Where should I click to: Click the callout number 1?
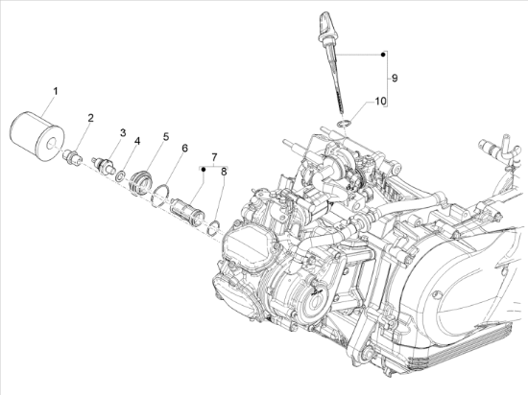(56, 91)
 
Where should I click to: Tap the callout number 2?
(90, 118)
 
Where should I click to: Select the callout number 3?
(123, 133)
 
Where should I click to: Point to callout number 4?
(136, 142)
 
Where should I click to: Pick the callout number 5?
(166, 137)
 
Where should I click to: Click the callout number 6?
(184, 149)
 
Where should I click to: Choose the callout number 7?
(214, 156)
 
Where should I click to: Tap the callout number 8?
(224, 172)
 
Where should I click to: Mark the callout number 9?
(395, 78)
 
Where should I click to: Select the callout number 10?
(380, 101)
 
